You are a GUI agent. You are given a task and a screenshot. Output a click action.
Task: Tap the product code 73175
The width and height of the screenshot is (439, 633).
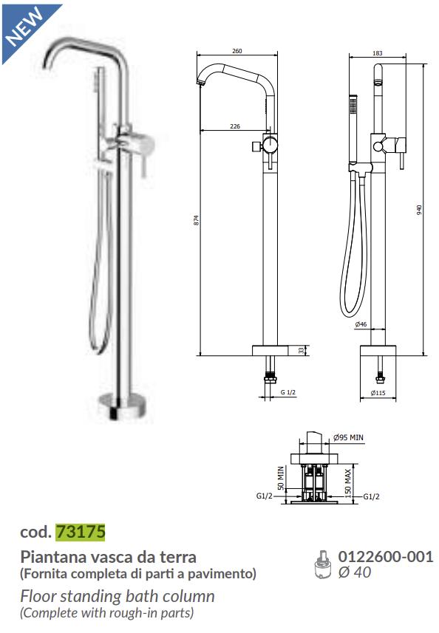tap(81, 531)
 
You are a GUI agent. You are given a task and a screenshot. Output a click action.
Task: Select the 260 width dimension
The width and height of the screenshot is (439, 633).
tap(236, 51)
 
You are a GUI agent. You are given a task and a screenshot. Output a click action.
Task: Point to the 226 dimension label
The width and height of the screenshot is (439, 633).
tap(234, 126)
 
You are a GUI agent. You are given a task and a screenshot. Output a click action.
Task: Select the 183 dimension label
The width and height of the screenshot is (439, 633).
tap(378, 52)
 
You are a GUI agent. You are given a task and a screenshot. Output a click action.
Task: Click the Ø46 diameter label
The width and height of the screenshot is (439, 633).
tap(361, 324)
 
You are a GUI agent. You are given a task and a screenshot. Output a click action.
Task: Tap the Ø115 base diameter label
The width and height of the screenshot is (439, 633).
tap(377, 393)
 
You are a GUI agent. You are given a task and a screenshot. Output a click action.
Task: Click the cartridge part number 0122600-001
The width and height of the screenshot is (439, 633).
tap(385, 557)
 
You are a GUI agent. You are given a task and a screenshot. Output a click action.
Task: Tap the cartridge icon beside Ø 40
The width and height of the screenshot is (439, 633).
tap(322, 564)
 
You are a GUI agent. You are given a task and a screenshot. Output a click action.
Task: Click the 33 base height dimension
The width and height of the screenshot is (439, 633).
tap(301, 351)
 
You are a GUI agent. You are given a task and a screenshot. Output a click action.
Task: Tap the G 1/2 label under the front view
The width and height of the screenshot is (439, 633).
tap(288, 392)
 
